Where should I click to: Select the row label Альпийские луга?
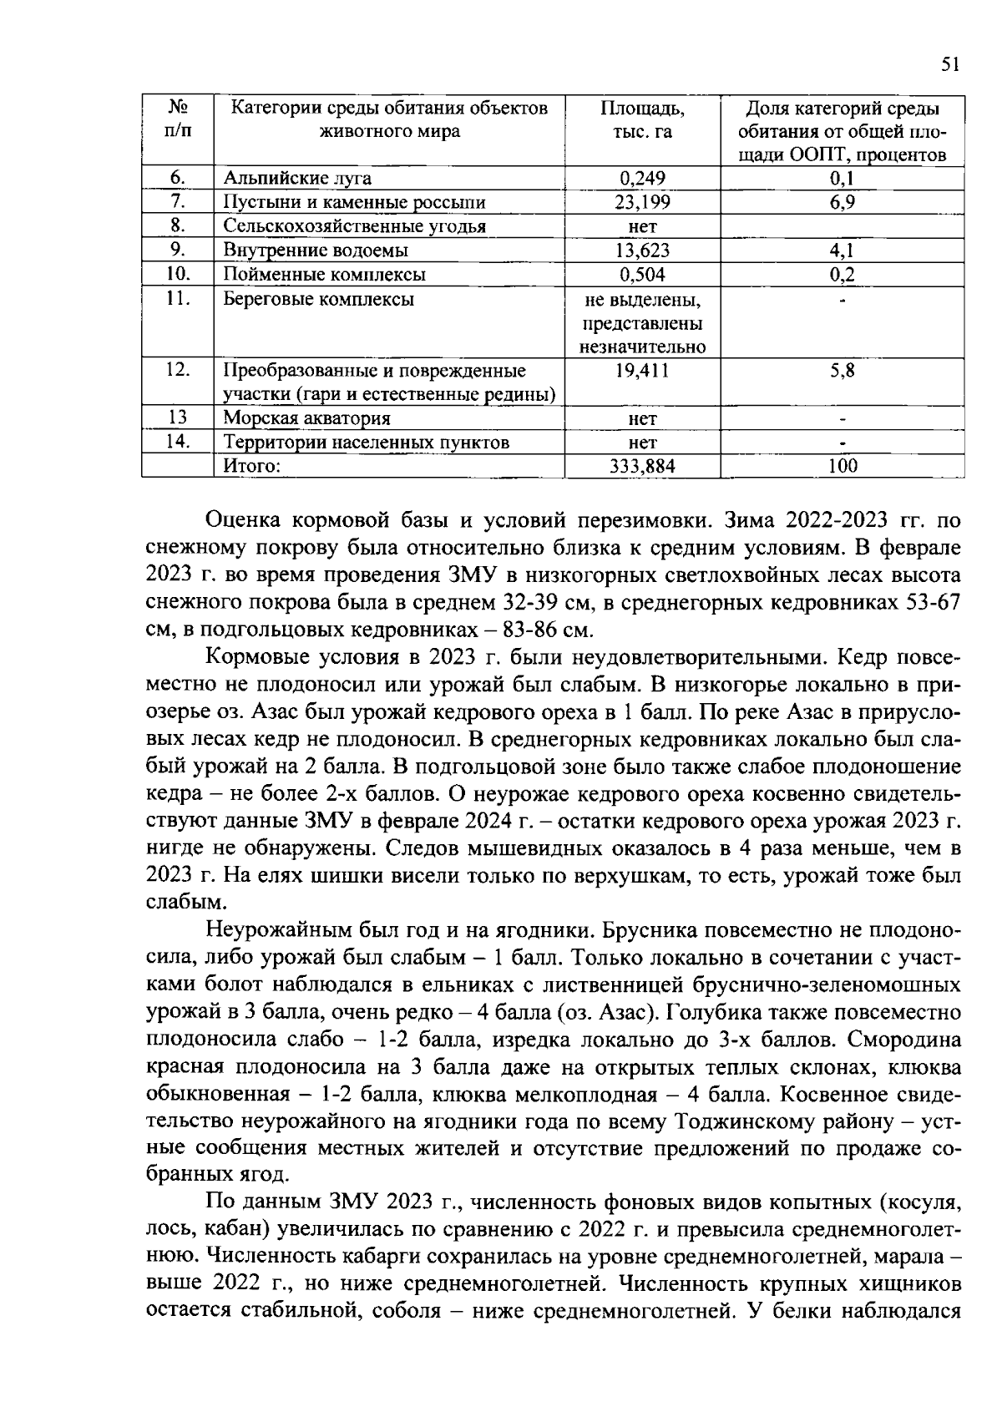point(296,178)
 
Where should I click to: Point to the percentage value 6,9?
point(842,202)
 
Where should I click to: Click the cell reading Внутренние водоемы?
point(315,251)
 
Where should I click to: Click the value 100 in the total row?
point(842,467)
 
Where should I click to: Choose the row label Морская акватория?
point(306,418)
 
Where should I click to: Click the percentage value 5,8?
point(842,371)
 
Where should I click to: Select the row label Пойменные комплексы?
point(324,275)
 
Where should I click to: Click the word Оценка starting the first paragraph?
point(243,522)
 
